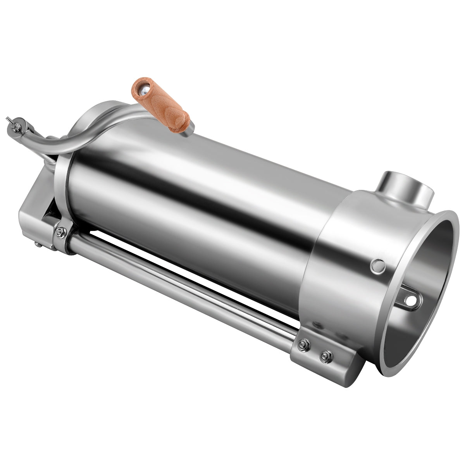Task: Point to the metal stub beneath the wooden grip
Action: click(188, 131)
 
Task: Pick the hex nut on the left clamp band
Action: click(60, 232)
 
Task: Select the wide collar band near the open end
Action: click(345, 271)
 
